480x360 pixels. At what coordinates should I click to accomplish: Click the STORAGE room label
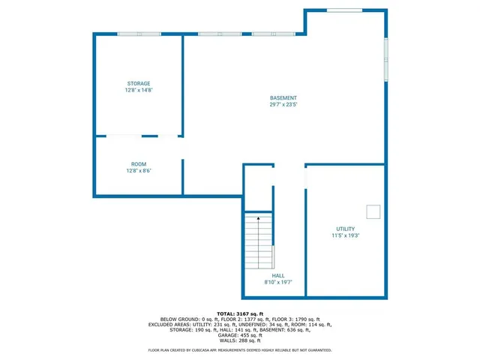pyautogui.click(x=138, y=83)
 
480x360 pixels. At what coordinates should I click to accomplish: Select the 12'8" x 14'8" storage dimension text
pyautogui.click(x=138, y=90)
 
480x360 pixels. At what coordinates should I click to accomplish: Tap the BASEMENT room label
pyautogui.click(x=283, y=98)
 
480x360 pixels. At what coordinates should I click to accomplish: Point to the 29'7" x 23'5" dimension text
pyautogui.click(x=283, y=105)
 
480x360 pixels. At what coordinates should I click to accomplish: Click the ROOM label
pyautogui.click(x=139, y=164)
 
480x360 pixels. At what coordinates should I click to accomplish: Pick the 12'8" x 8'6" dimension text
pyautogui.click(x=139, y=171)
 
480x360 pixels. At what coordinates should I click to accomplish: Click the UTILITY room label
pyautogui.click(x=346, y=229)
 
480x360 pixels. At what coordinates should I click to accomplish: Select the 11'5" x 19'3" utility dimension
pyautogui.click(x=346, y=235)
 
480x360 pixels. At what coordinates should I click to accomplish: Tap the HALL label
pyautogui.click(x=277, y=276)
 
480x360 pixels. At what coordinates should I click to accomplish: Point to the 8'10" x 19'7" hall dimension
pyautogui.click(x=277, y=283)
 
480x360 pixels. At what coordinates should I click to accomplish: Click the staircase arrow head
pyautogui.click(x=259, y=218)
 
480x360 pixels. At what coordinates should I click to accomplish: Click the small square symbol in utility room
pyautogui.click(x=373, y=210)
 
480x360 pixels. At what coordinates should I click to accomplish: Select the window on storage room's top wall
pyautogui.click(x=139, y=34)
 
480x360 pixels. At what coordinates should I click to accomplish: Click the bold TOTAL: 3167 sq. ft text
pyautogui.click(x=239, y=313)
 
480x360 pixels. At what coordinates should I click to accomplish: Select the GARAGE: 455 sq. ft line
pyautogui.click(x=239, y=334)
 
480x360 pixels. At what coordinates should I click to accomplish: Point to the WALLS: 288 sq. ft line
pyautogui.click(x=239, y=340)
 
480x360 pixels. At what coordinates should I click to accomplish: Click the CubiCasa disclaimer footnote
pyautogui.click(x=239, y=350)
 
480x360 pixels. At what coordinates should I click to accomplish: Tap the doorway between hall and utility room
pyautogui.click(x=305, y=178)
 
